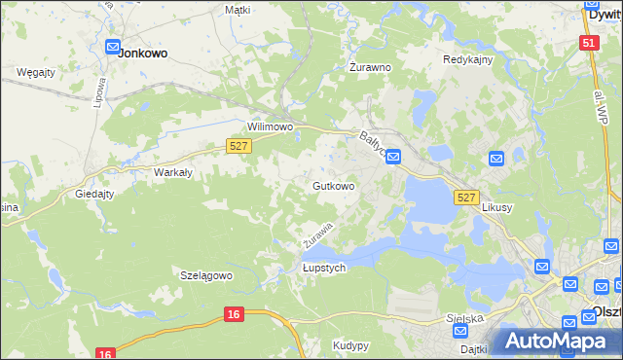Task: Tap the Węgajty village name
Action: pyautogui.click(x=36, y=72)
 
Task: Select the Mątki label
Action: pyautogui.click(x=238, y=9)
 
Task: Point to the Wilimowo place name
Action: pyautogui.click(x=270, y=127)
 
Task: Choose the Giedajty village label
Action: pyautogui.click(x=95, y=194)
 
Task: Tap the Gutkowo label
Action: pyautogui.click(x=333, y=185)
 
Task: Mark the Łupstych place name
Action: pyautogui.click(x=324, y=269)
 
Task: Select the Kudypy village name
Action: pyautogui.click(x=350, y=345)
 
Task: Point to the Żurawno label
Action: pyautogui.click(x=370, y=68)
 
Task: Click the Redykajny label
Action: pyautogui.click(x=468, y=59)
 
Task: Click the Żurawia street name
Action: pyautogui.click(x=317, y=234)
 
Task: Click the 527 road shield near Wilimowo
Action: pyautogui.click(x=239, y=145)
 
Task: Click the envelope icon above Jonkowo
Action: pyautogui.click(x=112, y=45)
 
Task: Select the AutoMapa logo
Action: pyautogui.click(x=555, y=342)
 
